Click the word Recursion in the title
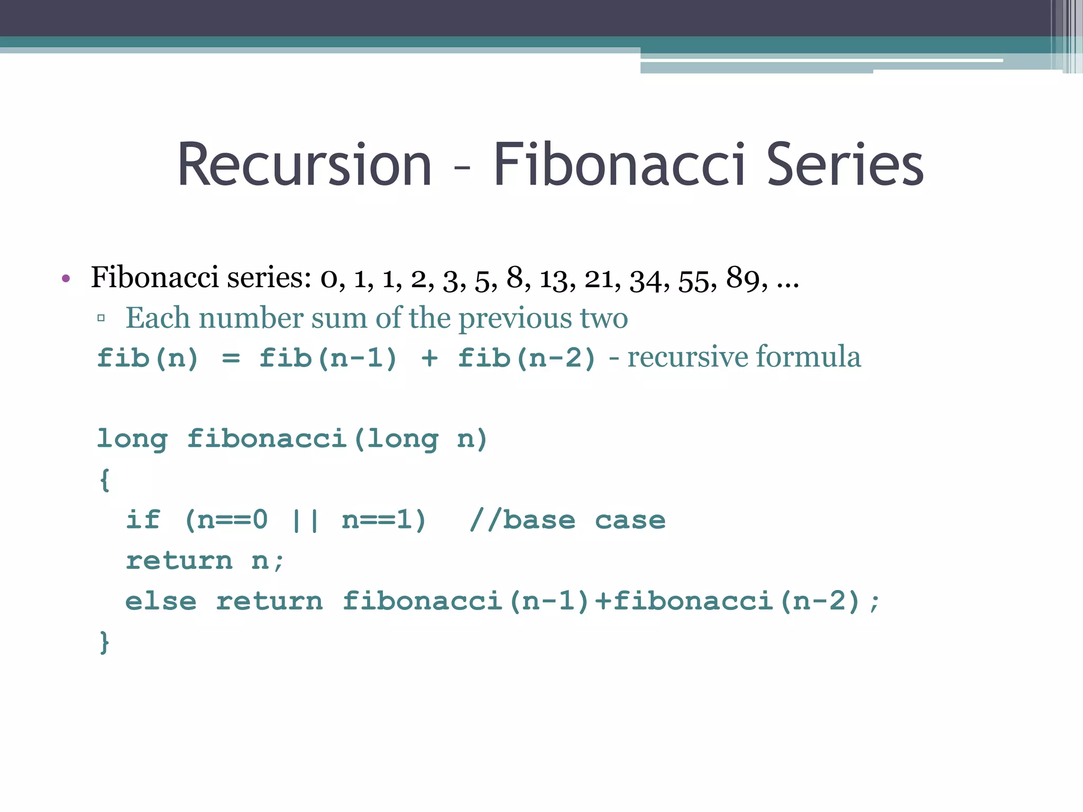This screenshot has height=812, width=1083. click(305, 165)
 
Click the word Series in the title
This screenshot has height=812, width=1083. click(845, 165)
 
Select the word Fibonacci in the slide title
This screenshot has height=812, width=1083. click(620, 165)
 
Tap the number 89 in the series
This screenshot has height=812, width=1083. click(742, 278)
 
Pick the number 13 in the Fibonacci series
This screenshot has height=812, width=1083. click(554, 279)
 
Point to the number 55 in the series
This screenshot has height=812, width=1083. click(694, 280)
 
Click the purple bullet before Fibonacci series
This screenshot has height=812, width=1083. click(66, 279)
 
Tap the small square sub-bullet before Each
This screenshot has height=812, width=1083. click(101, 318)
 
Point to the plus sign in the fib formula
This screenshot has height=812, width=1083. click(429, 358)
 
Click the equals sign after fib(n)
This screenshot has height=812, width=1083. click(231, 358)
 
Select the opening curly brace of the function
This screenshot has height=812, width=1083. click(105, 479)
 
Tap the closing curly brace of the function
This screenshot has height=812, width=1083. click(105, 642)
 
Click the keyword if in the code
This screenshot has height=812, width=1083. click(143, 520)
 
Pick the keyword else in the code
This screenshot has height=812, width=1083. click(161, 602)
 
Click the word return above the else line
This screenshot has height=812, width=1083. click(179, 561)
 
